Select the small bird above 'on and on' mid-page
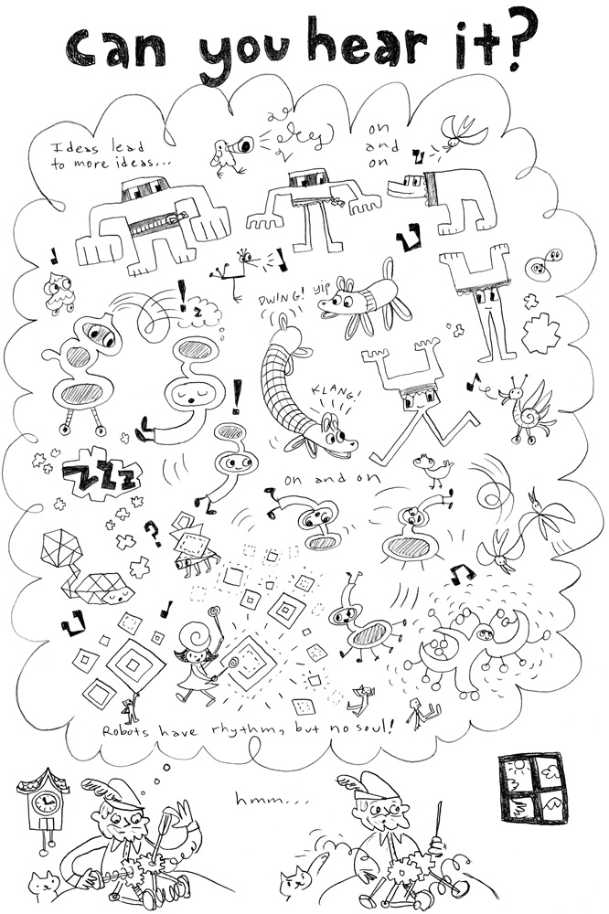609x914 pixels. click(433, 469)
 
